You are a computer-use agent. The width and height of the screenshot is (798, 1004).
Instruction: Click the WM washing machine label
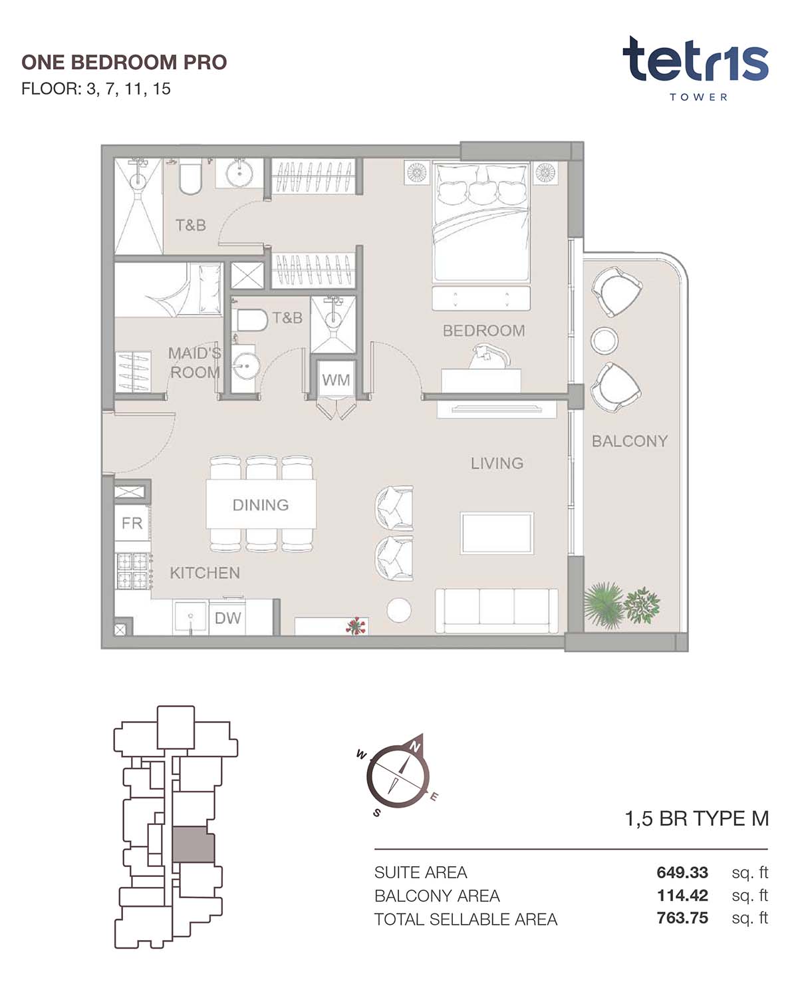pos(335,380)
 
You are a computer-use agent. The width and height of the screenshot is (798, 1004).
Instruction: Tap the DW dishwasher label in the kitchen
pos(227,618)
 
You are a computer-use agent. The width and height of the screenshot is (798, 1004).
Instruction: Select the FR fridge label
pos(132,523)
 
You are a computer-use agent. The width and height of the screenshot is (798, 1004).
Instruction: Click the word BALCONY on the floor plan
pos(629,441)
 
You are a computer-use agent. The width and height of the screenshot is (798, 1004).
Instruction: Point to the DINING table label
pos(261,505)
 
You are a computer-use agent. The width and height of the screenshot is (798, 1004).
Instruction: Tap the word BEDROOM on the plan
pos(483,331)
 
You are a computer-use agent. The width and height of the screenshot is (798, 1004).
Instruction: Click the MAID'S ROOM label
pos(194,363)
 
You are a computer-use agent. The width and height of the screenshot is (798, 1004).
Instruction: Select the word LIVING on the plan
pos(497,463)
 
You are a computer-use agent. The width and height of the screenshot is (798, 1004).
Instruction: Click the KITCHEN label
pos(205,573)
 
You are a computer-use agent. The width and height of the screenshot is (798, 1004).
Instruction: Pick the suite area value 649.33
pos(682,872)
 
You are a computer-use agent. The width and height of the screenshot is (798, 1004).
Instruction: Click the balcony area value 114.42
pos(682,896)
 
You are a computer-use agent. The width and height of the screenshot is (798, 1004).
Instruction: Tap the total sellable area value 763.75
pos(682,918)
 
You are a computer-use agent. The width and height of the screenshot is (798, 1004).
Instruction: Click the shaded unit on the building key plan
pos(193,844)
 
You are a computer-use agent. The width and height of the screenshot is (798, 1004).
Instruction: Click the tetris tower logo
pos(696,68)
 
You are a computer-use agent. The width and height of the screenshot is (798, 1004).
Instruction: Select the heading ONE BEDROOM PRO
pos(124,63)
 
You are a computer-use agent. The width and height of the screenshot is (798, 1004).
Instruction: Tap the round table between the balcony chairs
pos(604,339)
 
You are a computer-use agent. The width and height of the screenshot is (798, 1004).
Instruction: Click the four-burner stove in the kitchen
pos(133,571)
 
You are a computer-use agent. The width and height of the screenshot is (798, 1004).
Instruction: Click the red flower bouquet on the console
pos(355,625)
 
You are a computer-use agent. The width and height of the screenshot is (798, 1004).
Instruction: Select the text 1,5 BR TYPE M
pos(696,819)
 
